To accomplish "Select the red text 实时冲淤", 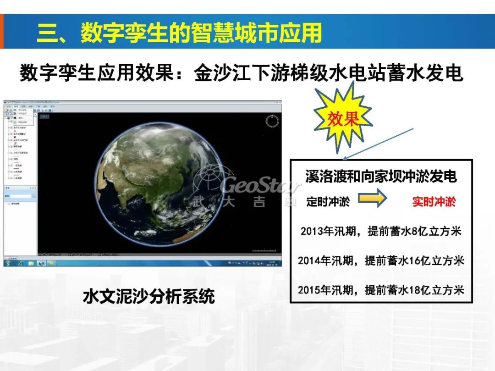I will [434, 201].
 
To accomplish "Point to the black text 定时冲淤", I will [328, 201].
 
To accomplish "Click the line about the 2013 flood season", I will [381, 231].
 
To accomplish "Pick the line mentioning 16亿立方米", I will [381, 260].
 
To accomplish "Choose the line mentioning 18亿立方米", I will [381, 290].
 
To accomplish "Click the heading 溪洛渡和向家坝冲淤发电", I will [381, 177].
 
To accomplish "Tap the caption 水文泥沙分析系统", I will [149, 296].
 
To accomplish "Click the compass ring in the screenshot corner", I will [272, 122].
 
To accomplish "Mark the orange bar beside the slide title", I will [2, 32].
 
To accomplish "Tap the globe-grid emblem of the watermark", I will [209, 181].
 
